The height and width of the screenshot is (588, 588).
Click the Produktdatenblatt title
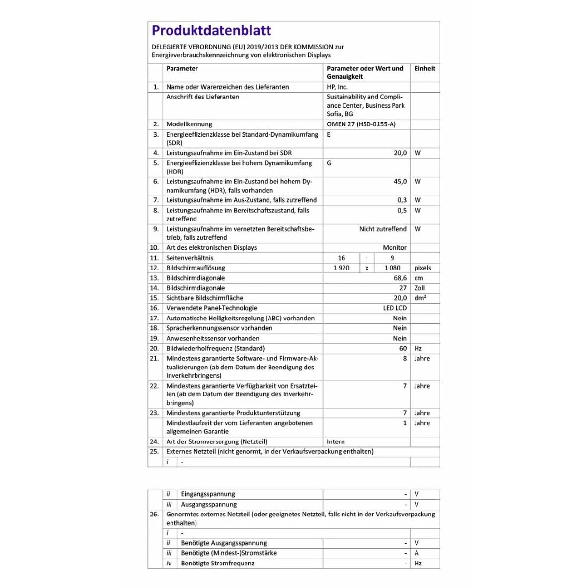click(211, 30)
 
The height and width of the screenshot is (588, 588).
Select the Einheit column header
click(424, 69)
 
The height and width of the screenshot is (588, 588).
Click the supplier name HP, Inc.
click(337, 87)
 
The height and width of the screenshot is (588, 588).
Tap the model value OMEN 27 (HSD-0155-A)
click(361, 124)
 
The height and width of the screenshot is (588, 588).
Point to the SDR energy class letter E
click(329, 134)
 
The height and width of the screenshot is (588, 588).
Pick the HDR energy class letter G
click(329, 163)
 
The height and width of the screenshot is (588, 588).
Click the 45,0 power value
click(400, 181)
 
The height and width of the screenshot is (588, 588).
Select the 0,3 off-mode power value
click(402, 200)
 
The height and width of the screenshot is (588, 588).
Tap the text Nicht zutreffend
click(383, 229)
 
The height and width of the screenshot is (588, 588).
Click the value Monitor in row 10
click(394, 247)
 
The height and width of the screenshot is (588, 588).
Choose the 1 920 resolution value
click(342, 268)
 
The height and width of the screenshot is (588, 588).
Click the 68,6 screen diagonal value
click(400, 278)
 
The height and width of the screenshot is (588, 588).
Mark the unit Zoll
click(419, 288)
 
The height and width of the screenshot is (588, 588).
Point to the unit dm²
click(420, 298)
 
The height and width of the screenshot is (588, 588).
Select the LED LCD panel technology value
click(394, 308)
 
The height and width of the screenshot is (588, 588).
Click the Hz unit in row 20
click(418, 348)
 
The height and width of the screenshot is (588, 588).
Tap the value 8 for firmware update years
click(405, 358)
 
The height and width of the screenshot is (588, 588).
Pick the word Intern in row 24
click(336, 441)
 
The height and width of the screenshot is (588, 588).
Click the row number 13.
click(154, 278)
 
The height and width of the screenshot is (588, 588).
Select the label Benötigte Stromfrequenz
click(218, 563)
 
